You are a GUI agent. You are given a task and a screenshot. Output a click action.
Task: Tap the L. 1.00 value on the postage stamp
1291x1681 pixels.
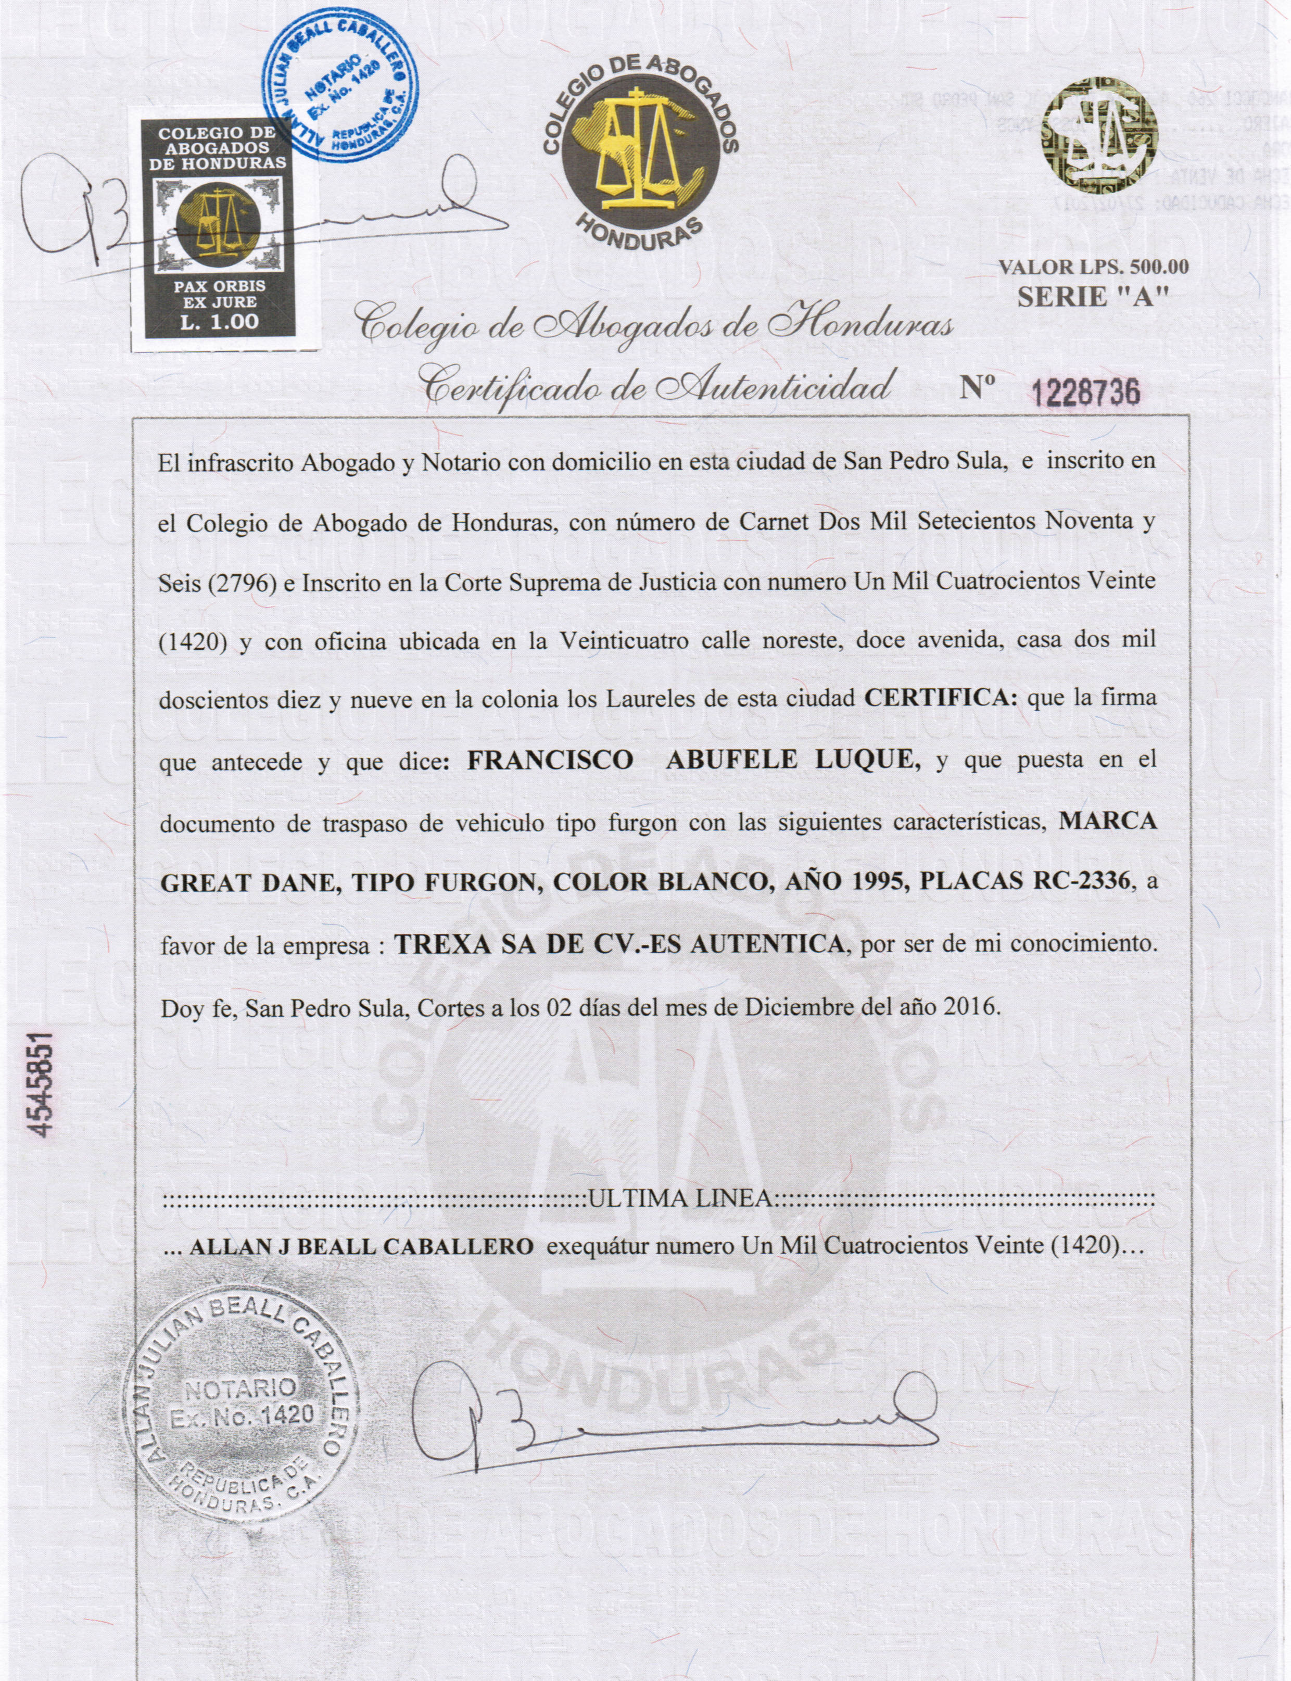tap(220, 321)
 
